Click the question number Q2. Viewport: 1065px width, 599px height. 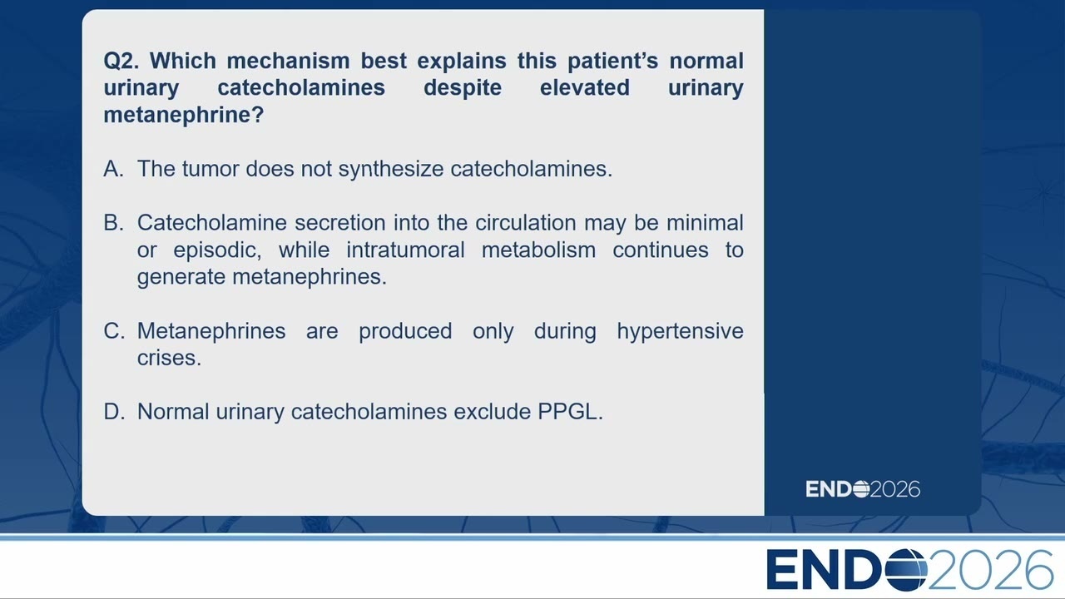(x=121, y=62)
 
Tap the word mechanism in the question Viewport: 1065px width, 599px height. (x=288, y=61)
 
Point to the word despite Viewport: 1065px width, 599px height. (x=463, y=88)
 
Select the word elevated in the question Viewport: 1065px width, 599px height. (x=585, y=87)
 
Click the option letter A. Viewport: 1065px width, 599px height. (x=114, y=169)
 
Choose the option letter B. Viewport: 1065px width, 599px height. (x=114, y=223)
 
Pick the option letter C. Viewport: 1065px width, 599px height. (x=114, y=331)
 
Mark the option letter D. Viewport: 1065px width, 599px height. (x=114, y=412)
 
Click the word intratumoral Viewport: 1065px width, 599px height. (x=405, y=250)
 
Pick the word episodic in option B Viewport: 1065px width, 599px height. (x=217, y=251)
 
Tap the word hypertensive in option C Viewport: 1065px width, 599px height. (x=680, y=332)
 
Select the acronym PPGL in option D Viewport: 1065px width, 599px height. (x=570, y=412)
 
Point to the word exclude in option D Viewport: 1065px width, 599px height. (x=492, y=412)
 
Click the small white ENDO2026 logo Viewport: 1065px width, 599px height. (x=863, y=489)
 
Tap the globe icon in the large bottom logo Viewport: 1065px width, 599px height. (x=906, y=570)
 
